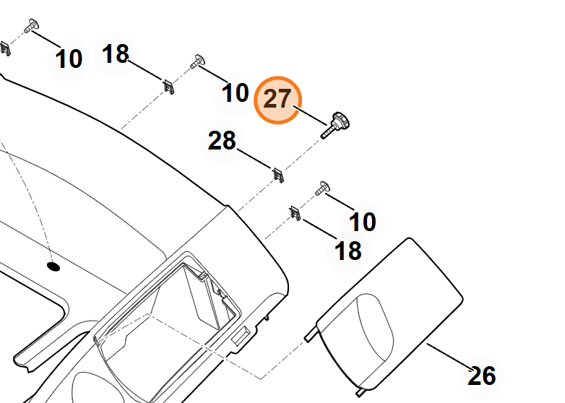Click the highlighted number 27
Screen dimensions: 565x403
click(x=277, y=99)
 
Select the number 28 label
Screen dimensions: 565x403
click(x=222, y=141)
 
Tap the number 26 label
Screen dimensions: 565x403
click(x=482, y=376)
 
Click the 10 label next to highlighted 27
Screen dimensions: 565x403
click(x=236, y=93)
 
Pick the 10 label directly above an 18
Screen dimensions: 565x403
click(x=363, y=222)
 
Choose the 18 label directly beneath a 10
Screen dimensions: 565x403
click(x=348, y=251)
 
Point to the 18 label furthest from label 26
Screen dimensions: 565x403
click(x=116, y=54)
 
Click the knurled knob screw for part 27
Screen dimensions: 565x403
click(x=335, y=125)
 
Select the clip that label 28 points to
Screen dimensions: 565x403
click(x=278, y=175)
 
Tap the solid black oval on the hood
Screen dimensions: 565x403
click(x=53, y=267)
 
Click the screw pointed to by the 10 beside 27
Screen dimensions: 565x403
click(x=197, y=61)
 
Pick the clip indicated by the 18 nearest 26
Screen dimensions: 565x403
click(x=295, y=214)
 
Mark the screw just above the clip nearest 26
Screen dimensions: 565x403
click(x=322, y=188)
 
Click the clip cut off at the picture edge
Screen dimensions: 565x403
click(x=5, y=48)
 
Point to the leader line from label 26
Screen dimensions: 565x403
click(x=449, y=357)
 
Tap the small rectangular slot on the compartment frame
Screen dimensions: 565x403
click(x=241, y=335)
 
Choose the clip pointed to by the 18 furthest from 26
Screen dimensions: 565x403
click(x=168, y=87)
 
